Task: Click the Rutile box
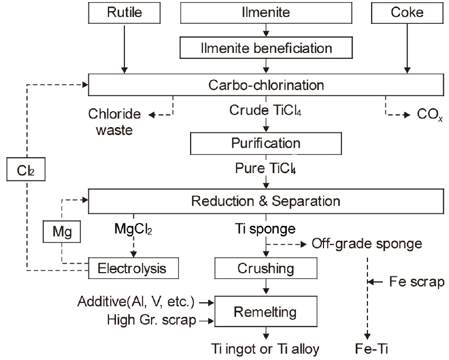tap(125, 13)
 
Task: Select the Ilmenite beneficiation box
tap(266, 48)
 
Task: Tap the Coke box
tap(407, 13)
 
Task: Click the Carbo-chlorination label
tap(266, 85)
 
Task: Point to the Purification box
tap(266, 143)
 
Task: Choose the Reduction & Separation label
tap(266, 201)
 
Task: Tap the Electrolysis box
tap(132, 268)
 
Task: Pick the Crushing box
tap(266, 268)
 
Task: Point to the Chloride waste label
tap(115, 121)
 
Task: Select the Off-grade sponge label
tap(366, 244)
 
